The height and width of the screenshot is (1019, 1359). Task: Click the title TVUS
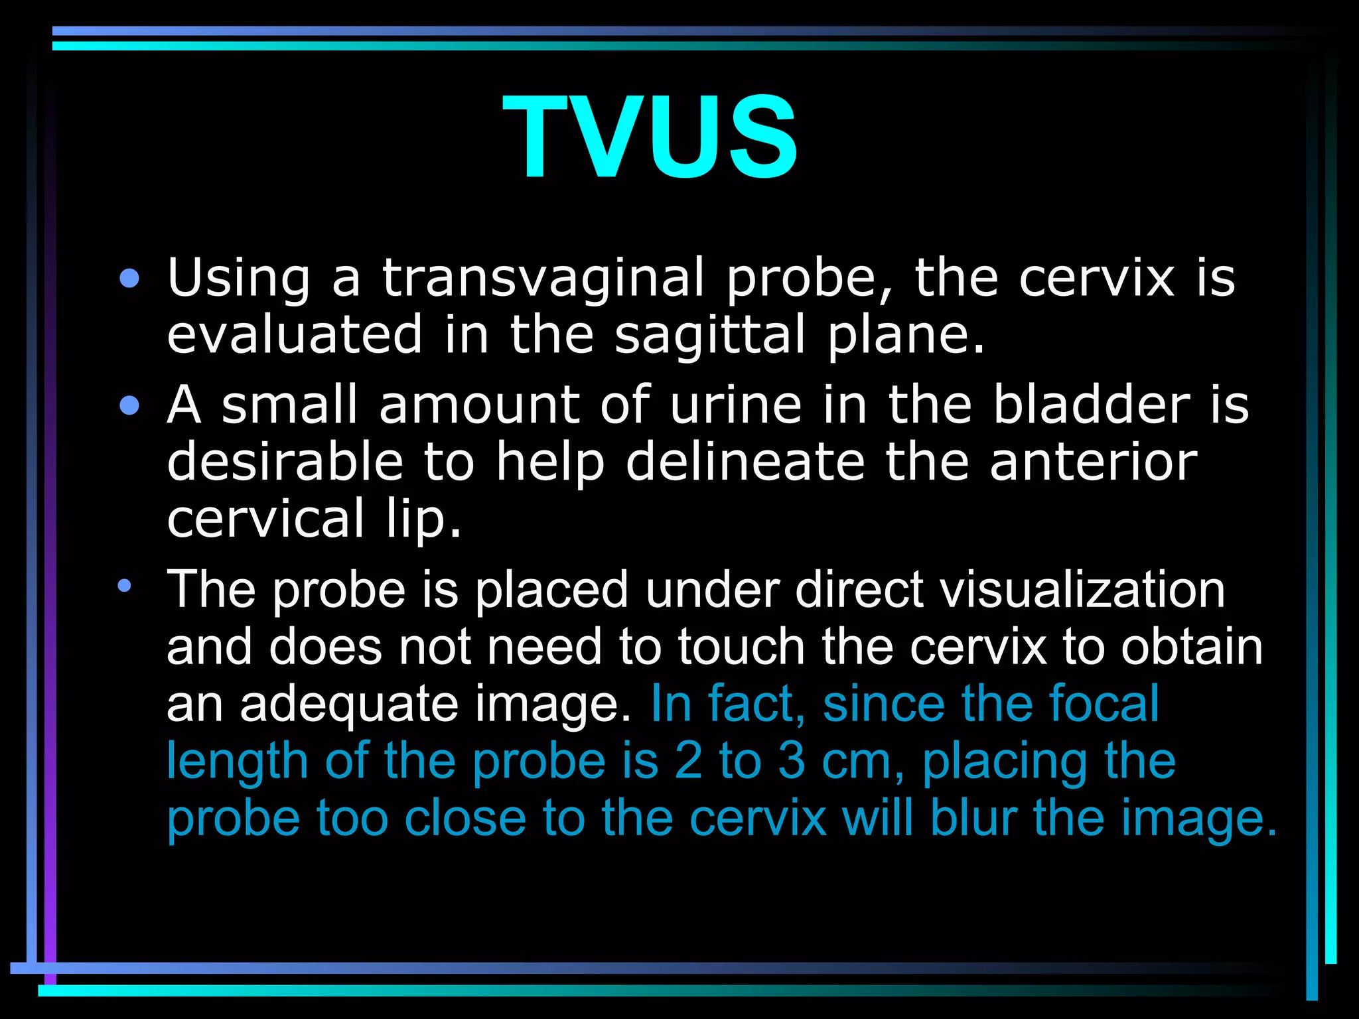[650, 137]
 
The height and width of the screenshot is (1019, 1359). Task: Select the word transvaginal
[543, 279]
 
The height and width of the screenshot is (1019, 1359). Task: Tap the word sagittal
[709, 335]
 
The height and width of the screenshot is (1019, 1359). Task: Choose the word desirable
[285, 462]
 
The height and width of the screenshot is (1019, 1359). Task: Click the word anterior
[1093, 462]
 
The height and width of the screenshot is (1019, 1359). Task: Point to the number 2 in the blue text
[688, 761]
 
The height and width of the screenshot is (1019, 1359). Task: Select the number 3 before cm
[792, 761]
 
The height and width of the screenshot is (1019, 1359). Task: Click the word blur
[973, 818]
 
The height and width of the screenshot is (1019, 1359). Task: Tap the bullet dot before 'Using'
[130, 279]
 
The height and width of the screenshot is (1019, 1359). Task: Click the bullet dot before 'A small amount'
[130, 405]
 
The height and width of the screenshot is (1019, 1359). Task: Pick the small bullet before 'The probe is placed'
[125, 586]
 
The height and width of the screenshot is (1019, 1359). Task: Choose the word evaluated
[295, 335]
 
